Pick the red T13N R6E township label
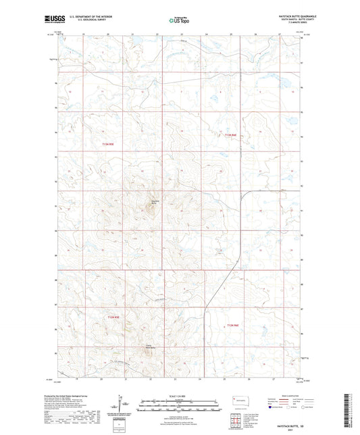231,135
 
